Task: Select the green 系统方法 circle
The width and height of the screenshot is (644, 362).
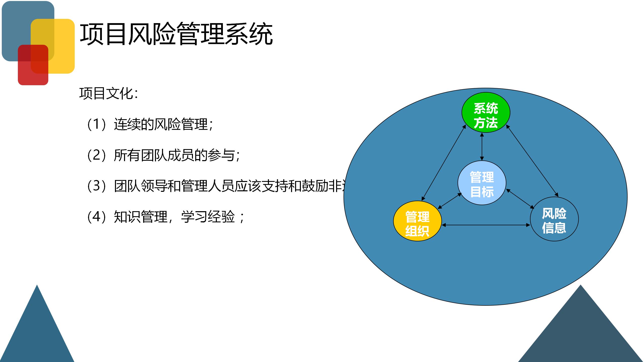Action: pos(486,112)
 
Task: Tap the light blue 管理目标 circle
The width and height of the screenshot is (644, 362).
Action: pos(482,183)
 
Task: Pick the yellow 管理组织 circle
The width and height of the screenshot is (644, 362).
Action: pos(417,221)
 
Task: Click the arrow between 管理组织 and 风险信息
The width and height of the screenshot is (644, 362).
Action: pos(486,225)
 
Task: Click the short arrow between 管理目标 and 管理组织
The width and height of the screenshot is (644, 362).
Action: pos(450,201)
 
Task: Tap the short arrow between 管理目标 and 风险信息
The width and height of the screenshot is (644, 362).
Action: pos(520,199)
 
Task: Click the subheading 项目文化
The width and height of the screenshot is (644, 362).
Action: pos(108,94)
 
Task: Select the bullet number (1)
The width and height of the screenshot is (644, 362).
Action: pos(97,124)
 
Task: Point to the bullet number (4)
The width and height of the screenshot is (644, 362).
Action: pos(97,217)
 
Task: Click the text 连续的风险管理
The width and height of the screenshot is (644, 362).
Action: pos(161,124)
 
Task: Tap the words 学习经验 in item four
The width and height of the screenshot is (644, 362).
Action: pos(208,217)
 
